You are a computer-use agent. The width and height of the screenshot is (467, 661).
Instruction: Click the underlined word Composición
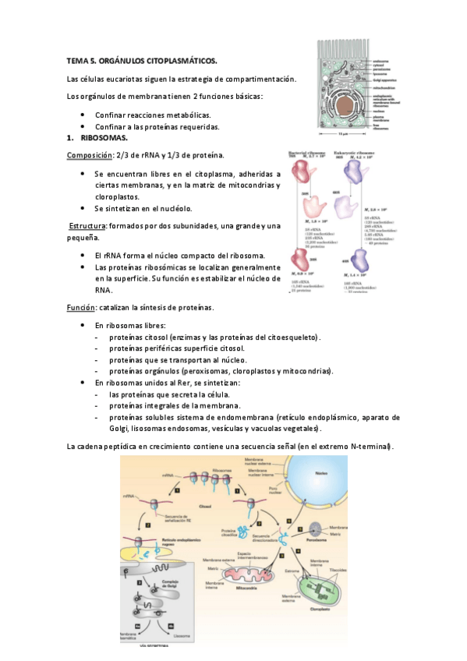coord(90,155)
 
